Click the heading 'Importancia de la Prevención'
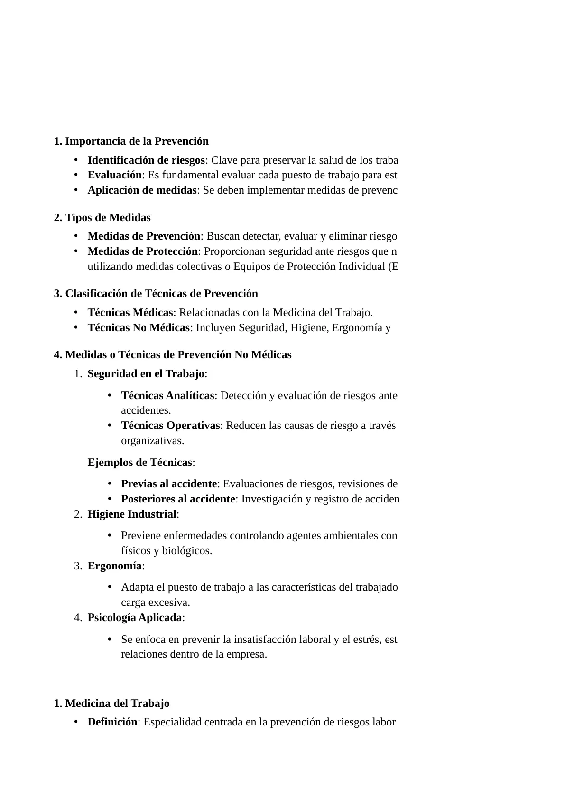137,141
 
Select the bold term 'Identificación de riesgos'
146,160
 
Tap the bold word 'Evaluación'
114,175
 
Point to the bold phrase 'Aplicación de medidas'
142,190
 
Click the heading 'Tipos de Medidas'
108,218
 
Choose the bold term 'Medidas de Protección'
142,251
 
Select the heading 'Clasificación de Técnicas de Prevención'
161,294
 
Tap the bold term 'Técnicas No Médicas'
139,328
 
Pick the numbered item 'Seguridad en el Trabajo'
146,374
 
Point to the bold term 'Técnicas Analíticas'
167,396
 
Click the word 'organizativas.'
152,441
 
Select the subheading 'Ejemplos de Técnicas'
140,463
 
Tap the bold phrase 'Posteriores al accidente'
178,499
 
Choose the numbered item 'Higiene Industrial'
132,514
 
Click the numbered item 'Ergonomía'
115,566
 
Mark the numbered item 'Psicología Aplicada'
135,618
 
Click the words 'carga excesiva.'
156,603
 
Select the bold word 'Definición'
112,722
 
